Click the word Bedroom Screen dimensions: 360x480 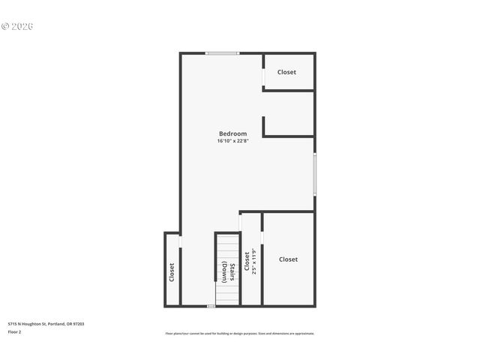[232, 133]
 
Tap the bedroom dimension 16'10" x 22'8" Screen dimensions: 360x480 [232, 141]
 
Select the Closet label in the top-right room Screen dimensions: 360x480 [286, 72]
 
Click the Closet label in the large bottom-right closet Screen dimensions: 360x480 [288, 259]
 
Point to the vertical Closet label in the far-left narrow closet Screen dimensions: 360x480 [172, 271]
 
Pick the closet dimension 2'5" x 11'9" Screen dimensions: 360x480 [254, 261]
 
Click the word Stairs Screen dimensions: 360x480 [234, 271]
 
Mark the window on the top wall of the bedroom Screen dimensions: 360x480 [223, 53]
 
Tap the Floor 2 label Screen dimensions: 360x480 [15, 331]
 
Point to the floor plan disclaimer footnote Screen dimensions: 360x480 [240, 333]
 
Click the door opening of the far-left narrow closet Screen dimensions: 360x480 [180, 241]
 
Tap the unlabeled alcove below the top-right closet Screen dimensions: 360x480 [289, 114]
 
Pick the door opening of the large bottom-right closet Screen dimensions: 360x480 [262, 238]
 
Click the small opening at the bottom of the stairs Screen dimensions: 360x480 [211, 306]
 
